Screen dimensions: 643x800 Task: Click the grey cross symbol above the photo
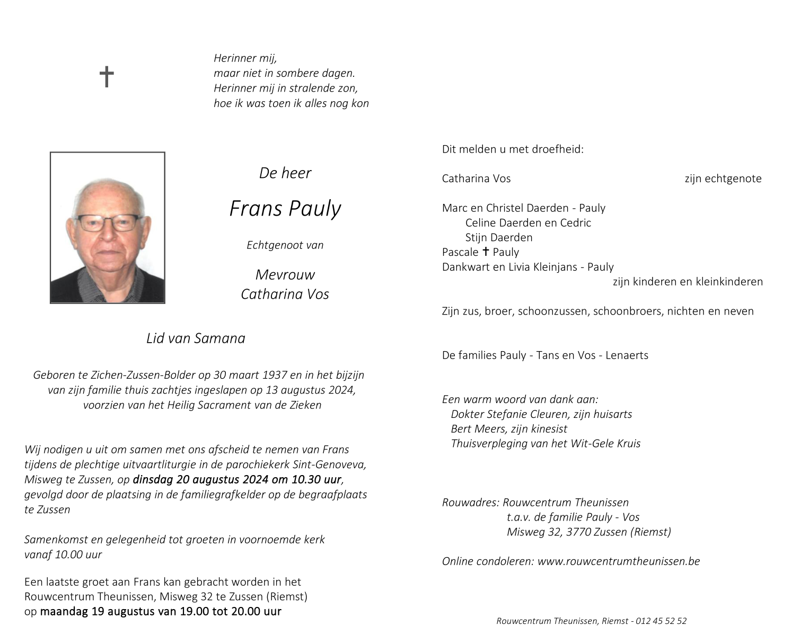point(107,77)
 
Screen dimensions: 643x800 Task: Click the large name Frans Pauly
point(285,209)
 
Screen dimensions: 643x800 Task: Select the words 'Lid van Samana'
point(196,338)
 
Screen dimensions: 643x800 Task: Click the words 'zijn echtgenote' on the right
point(723,178)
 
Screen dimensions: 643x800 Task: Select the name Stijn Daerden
point(498,237)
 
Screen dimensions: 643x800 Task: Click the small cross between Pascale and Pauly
point(485,252)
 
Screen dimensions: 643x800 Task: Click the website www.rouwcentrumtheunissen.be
point(618,561)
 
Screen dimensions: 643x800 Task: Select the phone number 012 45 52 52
point(661,621)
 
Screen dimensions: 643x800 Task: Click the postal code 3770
point(579,532)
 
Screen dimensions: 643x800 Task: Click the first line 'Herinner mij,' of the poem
point(245,58)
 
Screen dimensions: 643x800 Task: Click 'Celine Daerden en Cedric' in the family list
point(528,223)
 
